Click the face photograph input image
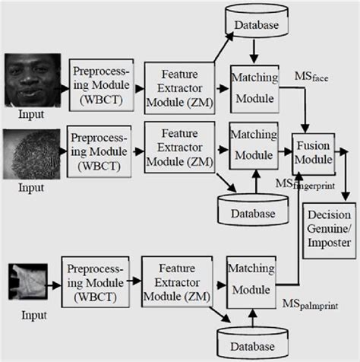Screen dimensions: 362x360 33,81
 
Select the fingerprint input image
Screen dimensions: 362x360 33,154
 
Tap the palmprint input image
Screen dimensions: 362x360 30,281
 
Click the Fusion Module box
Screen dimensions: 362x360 313,151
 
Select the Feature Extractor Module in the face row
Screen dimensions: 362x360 179,90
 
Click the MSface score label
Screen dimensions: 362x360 311,78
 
